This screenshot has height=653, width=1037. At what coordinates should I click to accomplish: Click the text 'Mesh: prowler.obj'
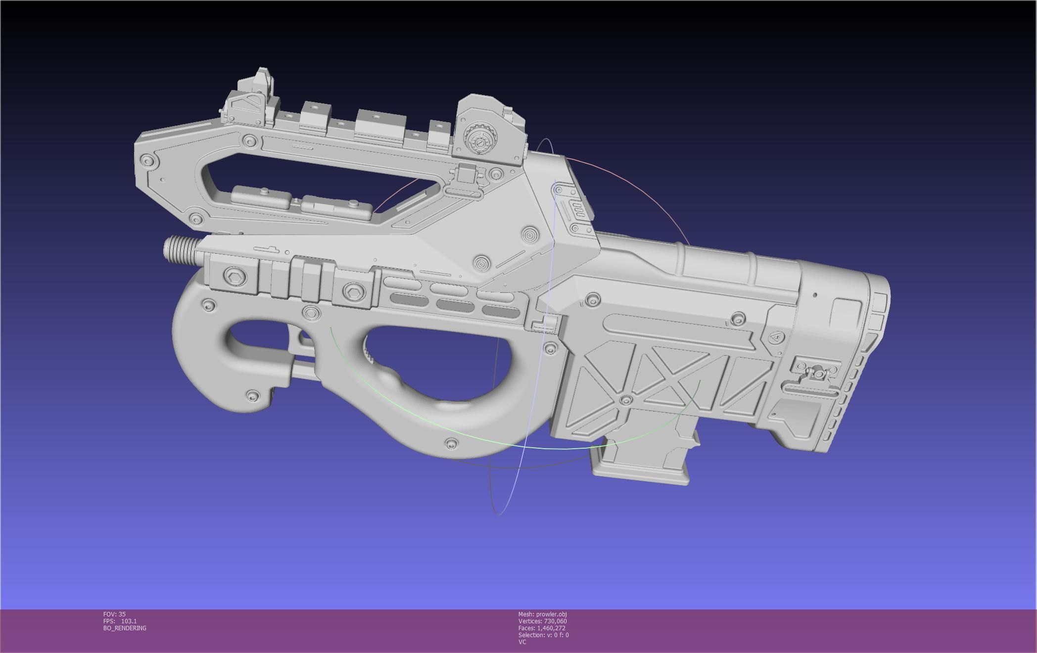click(x=542, y=614)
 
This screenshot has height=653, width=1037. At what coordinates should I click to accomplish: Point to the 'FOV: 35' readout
click(x=114, y=614)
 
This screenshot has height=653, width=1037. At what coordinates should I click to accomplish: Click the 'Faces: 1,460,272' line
click(x=542, y=628)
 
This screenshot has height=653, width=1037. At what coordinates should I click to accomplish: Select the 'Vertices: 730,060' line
click(x=542, y=621)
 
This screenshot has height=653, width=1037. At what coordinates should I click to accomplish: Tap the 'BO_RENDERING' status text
click(x=125, y=628)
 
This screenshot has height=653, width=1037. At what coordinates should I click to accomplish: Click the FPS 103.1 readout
click(x=120, y=621)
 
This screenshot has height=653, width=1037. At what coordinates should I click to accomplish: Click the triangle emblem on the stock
click(x=775, y=337)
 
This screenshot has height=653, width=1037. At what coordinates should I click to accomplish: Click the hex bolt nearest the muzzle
click(x=234, y=277)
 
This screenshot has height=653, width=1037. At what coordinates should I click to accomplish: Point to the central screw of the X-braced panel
click(x=626, y=400)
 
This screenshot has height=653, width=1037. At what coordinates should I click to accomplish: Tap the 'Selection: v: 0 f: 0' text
click(x=543, y=635)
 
